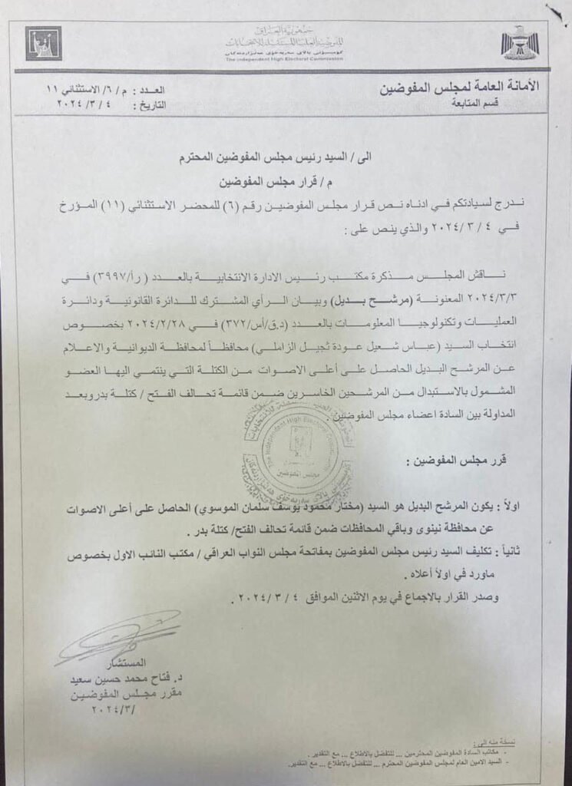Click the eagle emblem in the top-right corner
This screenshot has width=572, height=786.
[x=520, y=43]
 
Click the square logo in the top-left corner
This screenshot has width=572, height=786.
[x=43, y=43]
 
